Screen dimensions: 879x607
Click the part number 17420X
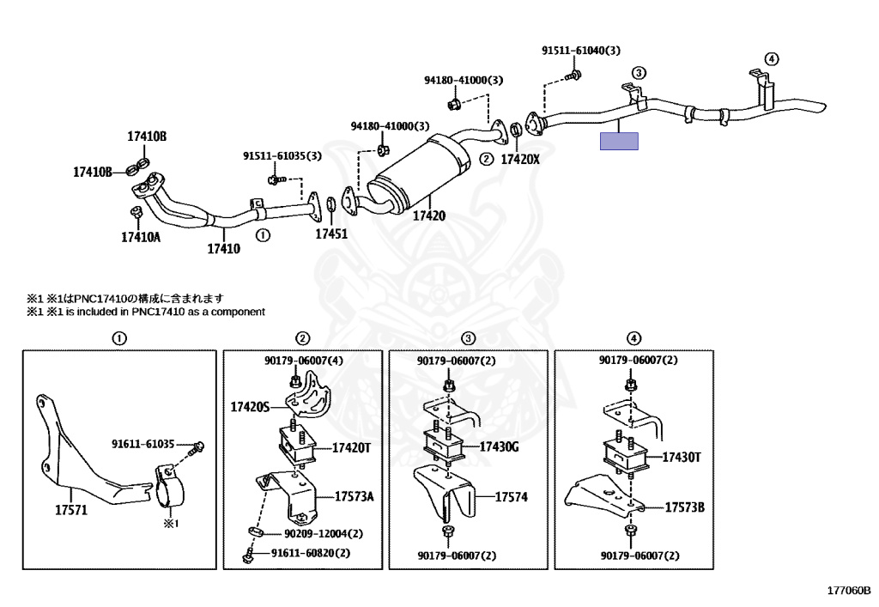[x=519, y=159]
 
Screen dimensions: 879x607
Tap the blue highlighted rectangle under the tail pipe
[x=619, y=142]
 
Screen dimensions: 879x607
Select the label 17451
[x=331, y=234]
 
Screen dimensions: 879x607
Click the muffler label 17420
[x=429, y=215]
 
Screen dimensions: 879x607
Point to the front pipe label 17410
[x=224, y=248]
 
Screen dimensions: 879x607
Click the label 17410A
[x=141, y=237]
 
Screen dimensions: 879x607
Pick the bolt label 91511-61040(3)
[x=581, y=51]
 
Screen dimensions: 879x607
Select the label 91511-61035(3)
[x=282, y=155]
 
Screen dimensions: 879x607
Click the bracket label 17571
[x=71, y=510]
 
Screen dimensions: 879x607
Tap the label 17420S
[x=250, y=406]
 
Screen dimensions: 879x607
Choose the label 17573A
[x=355, y=496]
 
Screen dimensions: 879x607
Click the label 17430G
[x=499, y=446]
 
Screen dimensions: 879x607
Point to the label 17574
[x=512, y=496]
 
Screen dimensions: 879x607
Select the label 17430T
[x=682, y=458]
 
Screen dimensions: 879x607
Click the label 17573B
[x=684, y=507]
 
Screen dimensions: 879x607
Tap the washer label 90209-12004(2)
[x=324, y=533]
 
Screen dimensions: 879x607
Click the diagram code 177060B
[x=849, y=590]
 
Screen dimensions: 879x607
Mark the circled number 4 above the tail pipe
[x=772, y=59]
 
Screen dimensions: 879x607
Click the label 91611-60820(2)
[x=311, y=553]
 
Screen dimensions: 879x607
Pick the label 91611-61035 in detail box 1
[x=142, y=444]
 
